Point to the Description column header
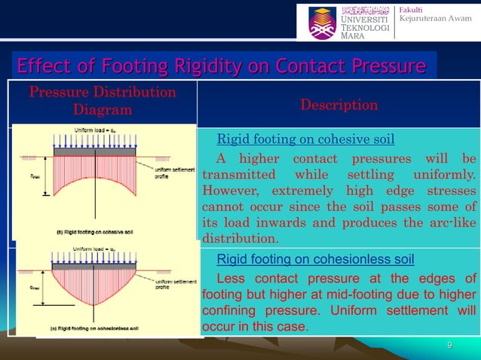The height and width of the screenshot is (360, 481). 339,105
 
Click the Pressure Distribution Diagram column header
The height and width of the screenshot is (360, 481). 102,101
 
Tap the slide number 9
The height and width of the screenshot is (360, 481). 449,346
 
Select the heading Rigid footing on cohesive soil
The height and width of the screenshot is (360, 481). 305,139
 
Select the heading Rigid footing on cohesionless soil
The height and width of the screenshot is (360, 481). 315,260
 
